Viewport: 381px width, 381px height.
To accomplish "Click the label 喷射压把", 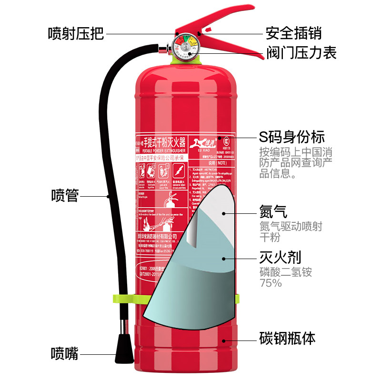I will [76, 33].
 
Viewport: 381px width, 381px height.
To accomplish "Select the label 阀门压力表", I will [301, 52].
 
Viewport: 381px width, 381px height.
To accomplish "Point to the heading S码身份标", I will [291, 137].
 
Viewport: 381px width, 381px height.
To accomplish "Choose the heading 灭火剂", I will [280, 258].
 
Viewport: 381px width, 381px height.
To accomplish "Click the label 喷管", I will [65, 195].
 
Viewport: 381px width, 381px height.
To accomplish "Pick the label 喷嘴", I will [65, 354].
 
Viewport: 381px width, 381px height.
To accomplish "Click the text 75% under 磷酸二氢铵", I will [271, 283].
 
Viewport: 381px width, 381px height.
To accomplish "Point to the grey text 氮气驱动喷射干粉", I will [290, 231].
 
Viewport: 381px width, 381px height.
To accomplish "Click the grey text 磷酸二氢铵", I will [285, 272].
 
